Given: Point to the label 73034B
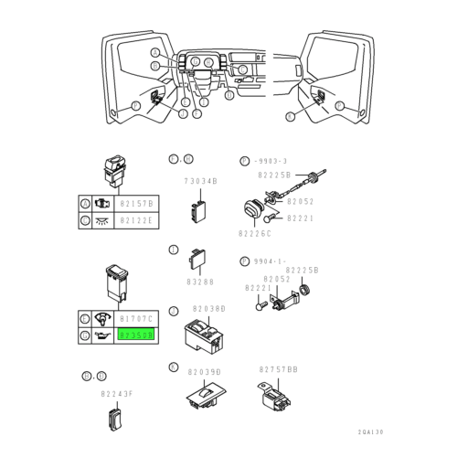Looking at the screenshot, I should point(200,182).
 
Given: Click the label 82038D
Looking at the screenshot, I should point(207,308).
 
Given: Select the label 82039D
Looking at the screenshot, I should point(205,373).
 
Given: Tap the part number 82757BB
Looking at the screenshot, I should point(278,369).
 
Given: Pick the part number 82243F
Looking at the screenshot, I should point(117,394).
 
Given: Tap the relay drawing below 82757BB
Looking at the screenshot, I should point(272,394).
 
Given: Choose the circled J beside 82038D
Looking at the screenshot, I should point(174,311).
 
